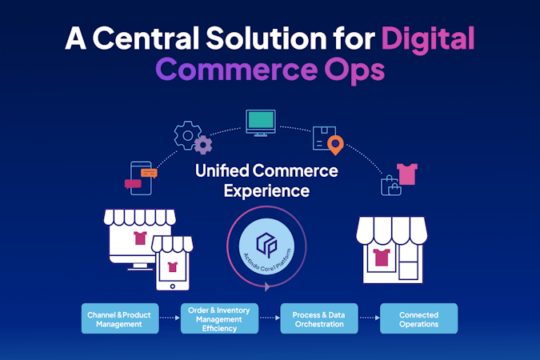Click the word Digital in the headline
tap(428, 38)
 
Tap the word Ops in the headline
tap(354, 70)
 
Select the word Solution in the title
tap(266, 38)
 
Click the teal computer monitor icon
tap(261, 123)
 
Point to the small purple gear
tap(203, 145)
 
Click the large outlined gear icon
tap(187, 135)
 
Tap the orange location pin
tap(335, 145)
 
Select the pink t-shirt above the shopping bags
tap(407, 174)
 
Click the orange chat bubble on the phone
tap(149, 173)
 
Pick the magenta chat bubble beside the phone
tap(133, 184)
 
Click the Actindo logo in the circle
tap(266, 245)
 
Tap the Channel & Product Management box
tap(120, 318)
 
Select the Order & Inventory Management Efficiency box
tap(219, 318)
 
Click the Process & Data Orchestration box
tap(319, 318)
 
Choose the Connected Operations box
tap(418, 318)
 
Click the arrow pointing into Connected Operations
tap(369, 318)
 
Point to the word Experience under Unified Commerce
tap(266, 191)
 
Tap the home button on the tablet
tap(173, 286)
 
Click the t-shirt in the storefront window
tap(382, 258)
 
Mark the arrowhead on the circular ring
tap(267, 286)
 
